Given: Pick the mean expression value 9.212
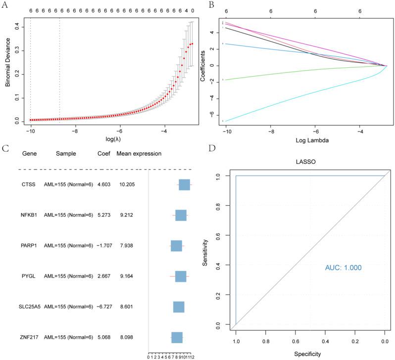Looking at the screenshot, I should click(x=126, y=215).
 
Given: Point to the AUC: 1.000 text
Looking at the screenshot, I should click(x=343, y=268).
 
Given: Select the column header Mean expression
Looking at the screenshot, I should click(x=139, y=154).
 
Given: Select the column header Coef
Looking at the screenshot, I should click(x=104, y=154).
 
